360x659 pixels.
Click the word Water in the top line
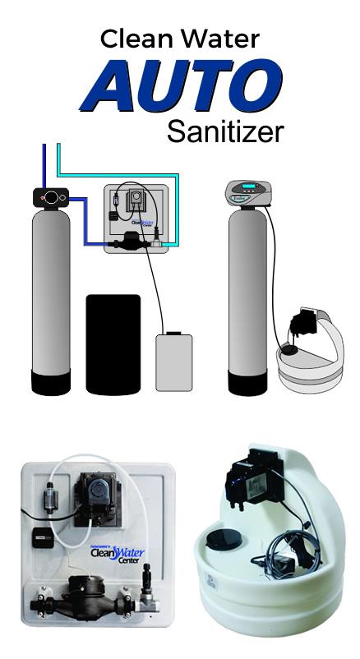tap(221, 39)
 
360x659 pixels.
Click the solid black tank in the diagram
tap(113, 343)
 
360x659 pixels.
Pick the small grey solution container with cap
tap(173, 361)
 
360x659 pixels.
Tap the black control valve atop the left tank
tap(51, 198)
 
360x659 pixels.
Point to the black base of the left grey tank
tap(52, 383)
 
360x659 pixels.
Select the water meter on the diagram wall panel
tap(129, 242)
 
